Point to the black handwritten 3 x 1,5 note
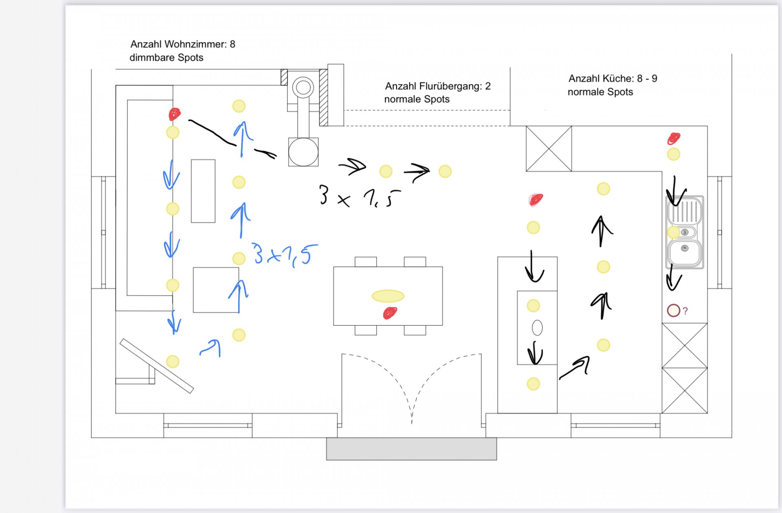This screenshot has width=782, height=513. pyautogui.click(x=359, y=196)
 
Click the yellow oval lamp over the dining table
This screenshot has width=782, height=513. pyautogui.click(x=388, y=296)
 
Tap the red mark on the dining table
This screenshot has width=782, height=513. pyautogui.click(x=390, y=313)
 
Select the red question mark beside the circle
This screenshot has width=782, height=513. pyautogui.click(x=685, y=311)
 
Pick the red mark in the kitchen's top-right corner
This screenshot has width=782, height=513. pyautogui.click(x=674, y=138)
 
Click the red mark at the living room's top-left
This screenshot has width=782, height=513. pyautogui.click(x=175, y=114)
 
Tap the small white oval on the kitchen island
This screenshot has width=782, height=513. pyautogui.click(x=537, y=328)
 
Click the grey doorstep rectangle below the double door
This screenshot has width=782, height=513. pyautogui.click(x=411, y=449)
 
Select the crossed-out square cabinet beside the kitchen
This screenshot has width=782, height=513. pyautogui.click(x=549, y=149)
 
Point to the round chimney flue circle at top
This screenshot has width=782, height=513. pyautogui.click(x=303, y=87)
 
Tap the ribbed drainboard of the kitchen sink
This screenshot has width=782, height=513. pyautogui.click(x=685, y=210)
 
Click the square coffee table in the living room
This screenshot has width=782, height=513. pyautogui.click(x=216, y=290)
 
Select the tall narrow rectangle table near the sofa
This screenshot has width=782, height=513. pyautogui.click(x=203, y=191)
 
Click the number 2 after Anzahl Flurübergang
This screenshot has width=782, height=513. pyautogui.click(x=488, y=86)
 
